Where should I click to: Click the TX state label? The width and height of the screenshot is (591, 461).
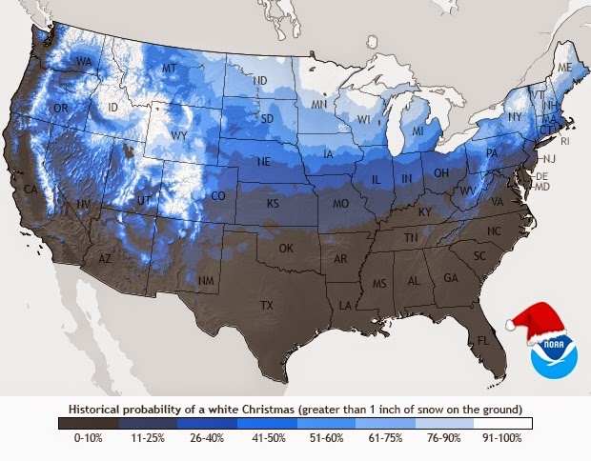[267, 306]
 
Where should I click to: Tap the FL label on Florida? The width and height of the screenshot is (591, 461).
[484, 340]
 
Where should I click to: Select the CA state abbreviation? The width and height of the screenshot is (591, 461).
[31, 190]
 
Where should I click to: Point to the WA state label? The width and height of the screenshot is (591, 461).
[84, 63]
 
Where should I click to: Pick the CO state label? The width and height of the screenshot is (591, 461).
[217, 196]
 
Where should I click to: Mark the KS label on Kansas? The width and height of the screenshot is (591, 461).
[273, 204]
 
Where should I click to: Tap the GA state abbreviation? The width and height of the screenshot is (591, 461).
[451, 278]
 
